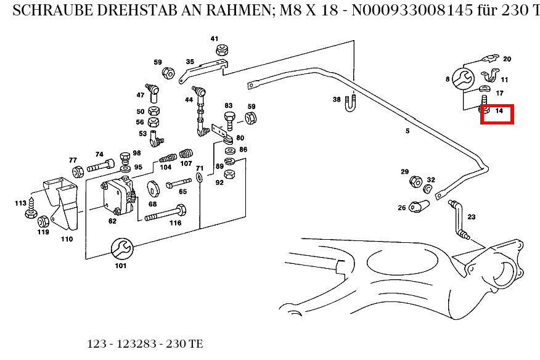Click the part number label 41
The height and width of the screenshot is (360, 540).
(215, 39)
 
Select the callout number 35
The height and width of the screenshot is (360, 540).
(190, 62)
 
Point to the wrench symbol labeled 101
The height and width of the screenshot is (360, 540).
(120, 249)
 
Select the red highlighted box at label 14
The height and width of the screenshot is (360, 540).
(497, 114)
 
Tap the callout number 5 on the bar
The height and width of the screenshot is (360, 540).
(407, 131)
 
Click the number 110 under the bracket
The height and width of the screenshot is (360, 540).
(67, 239)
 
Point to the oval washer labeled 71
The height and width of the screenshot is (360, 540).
(200, 178)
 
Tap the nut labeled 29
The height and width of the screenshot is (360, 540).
(415, 181)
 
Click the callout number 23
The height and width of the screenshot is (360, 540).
(472, 217)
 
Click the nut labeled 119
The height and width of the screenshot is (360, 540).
(43, 221)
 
